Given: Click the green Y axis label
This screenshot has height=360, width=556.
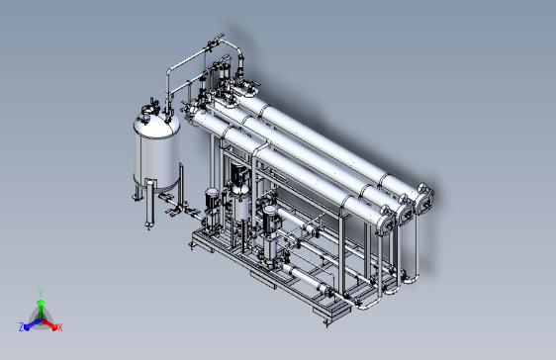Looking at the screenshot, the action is [x=41, y=293].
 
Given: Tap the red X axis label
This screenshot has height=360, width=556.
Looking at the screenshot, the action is [x=60, y=327].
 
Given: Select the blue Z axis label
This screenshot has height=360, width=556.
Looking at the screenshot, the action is [x=22, y=327].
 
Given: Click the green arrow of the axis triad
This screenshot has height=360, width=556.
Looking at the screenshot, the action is [x=41, y=309].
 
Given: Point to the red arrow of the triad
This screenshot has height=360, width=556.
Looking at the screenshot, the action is [x=48, y=323].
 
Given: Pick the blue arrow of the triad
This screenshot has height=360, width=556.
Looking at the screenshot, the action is [x=33, y=324].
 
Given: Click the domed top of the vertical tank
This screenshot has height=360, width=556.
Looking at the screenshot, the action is [x=156, y=124].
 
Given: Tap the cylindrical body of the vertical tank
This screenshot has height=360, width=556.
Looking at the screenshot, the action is [x=156, y=161].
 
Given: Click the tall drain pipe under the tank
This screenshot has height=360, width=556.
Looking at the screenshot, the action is [x=149, y=204].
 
